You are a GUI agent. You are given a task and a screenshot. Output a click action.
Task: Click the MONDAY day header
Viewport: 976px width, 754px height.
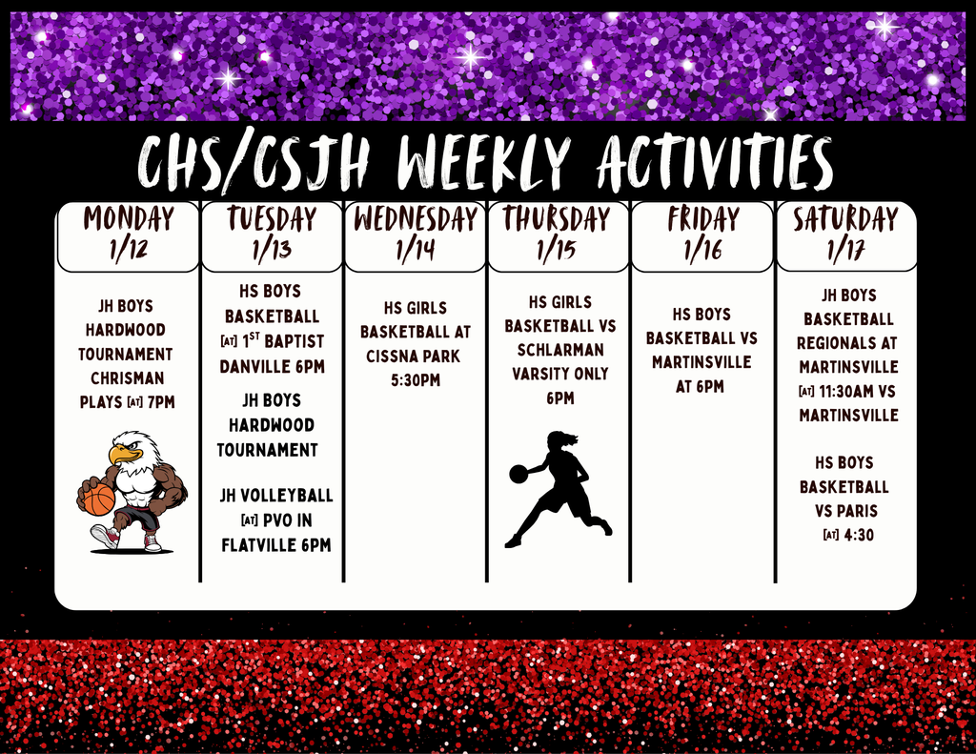(129, 218)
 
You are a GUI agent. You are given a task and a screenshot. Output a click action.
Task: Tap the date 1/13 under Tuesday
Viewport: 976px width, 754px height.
(272, 250)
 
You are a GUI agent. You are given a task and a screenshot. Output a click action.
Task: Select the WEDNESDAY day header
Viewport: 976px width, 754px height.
(416, 219)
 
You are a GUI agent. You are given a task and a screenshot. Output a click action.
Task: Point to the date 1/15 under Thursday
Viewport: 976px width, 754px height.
(557, 250)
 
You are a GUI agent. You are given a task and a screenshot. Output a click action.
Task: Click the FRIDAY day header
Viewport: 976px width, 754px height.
(702, 219)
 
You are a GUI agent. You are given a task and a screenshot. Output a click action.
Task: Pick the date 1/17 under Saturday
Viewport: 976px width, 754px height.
(846, 250)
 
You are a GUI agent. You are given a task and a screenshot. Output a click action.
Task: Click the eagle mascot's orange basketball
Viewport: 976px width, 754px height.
(96, 500)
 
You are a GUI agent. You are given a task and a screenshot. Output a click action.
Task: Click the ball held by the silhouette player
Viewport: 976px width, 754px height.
(518, 473)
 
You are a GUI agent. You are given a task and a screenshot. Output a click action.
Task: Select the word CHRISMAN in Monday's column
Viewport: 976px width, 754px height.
(128, 377)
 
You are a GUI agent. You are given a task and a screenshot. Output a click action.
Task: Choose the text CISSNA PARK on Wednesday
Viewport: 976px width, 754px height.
(414, 357)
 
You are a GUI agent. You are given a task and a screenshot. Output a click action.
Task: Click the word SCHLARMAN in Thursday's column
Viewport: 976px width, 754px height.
(560, 350)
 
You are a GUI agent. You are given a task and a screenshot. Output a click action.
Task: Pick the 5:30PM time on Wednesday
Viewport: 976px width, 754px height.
(416, 379)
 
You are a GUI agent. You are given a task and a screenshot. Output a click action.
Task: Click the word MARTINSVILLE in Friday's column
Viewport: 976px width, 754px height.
(701, 361)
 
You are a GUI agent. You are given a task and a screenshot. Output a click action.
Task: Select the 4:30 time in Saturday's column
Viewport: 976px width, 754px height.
(859, 535)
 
